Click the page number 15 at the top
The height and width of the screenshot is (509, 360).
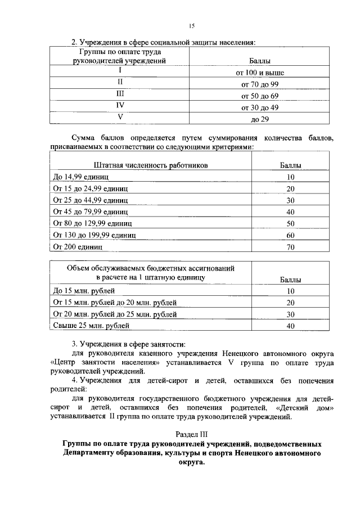[191, 26]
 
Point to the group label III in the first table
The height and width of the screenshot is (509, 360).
[120, 94]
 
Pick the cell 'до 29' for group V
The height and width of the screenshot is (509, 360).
[259, 119]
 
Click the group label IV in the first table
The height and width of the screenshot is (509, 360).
[120, 105]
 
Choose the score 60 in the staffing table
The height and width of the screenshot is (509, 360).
[290, 235]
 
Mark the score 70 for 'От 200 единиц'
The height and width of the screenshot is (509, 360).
[290, 246]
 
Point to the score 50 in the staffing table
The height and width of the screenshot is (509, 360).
[290, 223]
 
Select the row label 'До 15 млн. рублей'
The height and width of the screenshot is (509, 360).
[84, 291]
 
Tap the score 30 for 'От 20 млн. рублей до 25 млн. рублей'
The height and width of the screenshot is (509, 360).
[290, 314]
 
